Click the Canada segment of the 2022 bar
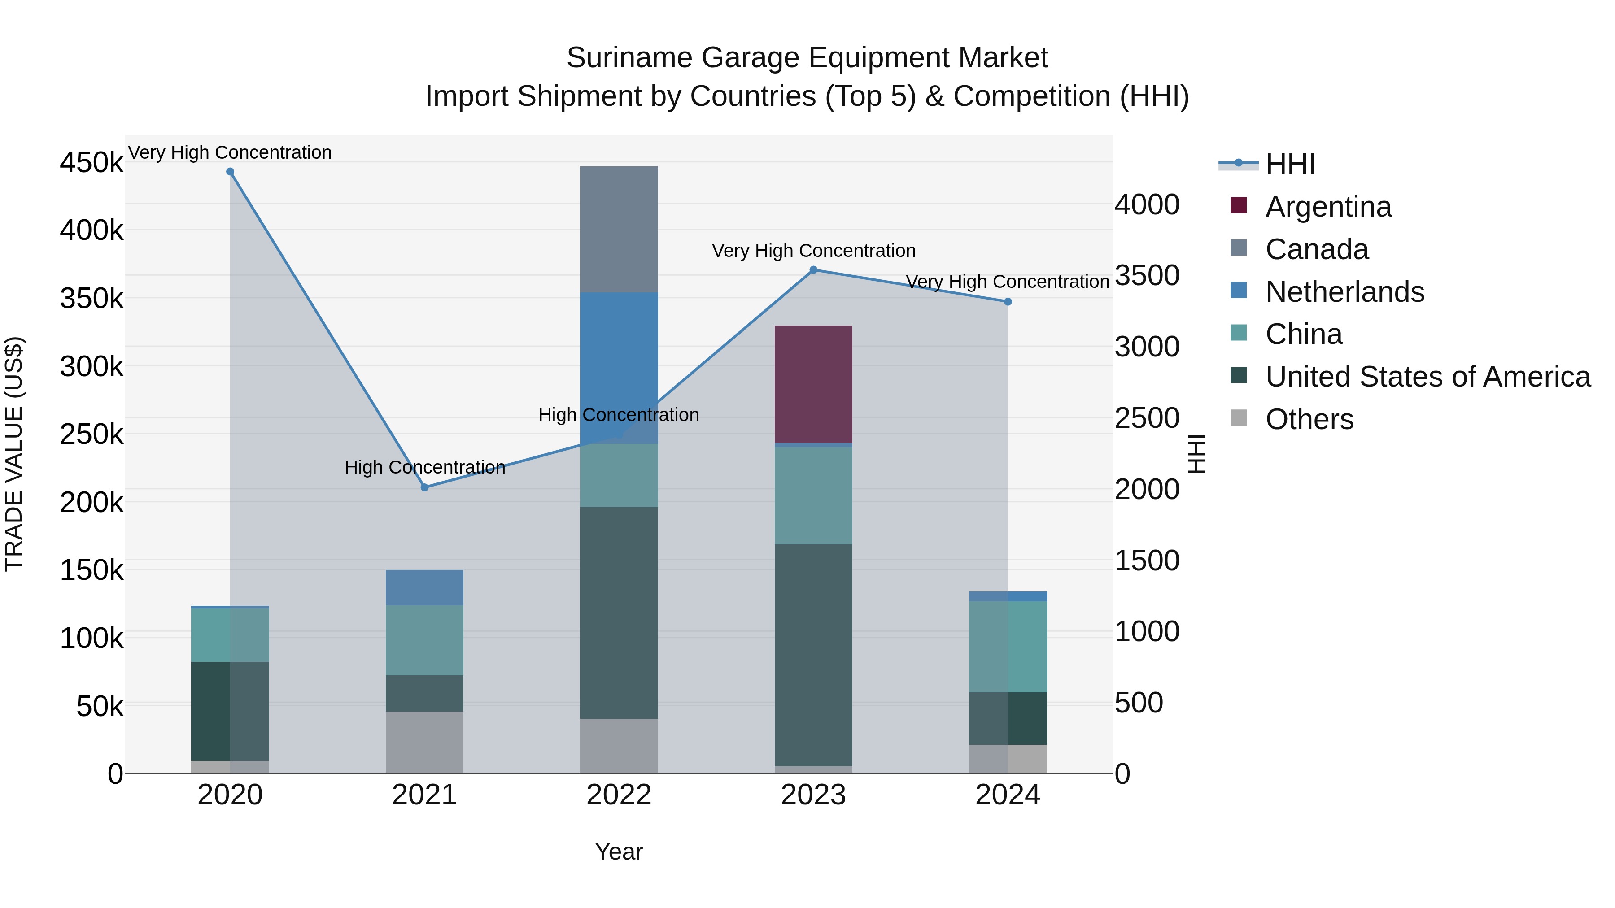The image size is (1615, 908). click(x=619, y=229)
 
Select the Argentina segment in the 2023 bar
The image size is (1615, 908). click(x=813, y=384)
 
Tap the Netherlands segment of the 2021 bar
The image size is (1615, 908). click(x=424, y=587)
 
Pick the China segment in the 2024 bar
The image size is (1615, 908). click(x=1008, y=646)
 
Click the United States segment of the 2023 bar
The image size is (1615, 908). click(x=813, y=655)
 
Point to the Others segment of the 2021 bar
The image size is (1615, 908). click(x=424, y=742)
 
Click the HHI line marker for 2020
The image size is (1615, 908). click(x=230, y=172)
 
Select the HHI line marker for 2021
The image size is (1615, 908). click(x=424, y=487)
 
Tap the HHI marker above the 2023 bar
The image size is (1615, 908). click(x=813, y=270)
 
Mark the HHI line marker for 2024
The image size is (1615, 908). click(x=1008, y=302)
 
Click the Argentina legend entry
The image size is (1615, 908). click(x=1328, y=207)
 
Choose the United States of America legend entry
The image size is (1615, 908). click(x=1427, y=377)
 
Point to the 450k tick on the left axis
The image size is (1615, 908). click(x=92, y=163)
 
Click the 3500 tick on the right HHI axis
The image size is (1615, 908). click(x=1147, y=276)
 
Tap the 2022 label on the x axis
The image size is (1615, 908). click(x=619, y=795)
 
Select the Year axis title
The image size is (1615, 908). click(x=619, y=852)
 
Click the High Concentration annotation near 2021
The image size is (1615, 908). click(x=424, y=468)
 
